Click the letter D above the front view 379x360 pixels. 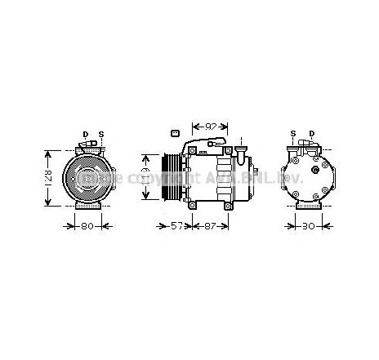coord(84,134)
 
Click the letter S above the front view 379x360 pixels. coord(100,134)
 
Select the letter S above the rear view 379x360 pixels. coord(293,134)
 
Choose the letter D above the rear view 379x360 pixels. coord(310,134)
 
